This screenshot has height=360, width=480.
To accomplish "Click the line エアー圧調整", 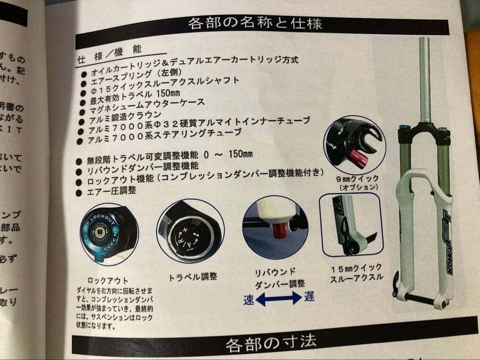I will tap(113, 191).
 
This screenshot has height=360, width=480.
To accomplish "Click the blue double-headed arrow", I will tap(279, 299).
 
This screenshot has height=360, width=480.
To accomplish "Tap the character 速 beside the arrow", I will tap(249, 300).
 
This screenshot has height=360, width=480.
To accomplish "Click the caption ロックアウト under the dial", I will tap(108, 280).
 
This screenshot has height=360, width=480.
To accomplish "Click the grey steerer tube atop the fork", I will tap(425, 80).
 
